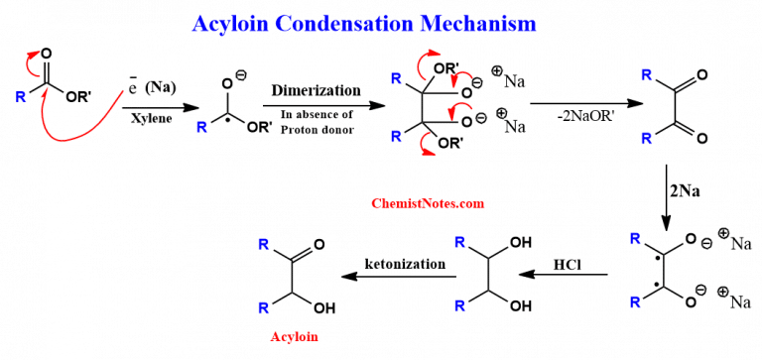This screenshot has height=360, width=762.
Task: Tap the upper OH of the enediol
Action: (519, 242)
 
